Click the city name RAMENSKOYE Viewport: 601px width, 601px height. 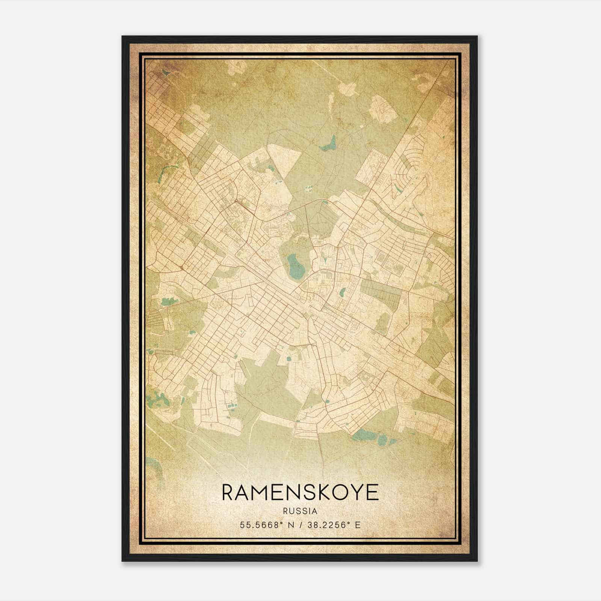[x=300, y=492]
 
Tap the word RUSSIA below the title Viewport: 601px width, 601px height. [x=300, y=511]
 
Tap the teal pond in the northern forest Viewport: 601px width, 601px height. [x=329, y=144]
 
